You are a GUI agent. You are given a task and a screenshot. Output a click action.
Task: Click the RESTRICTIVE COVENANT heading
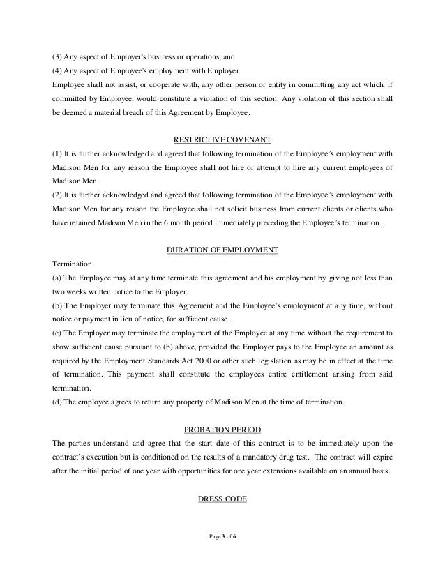coord(222,137)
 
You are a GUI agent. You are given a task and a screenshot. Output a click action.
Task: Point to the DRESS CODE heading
coord(222,498)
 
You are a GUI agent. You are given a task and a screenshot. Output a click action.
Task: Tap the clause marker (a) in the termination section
coord(58,278)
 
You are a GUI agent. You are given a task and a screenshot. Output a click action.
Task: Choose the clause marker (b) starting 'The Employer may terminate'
coord(58,305)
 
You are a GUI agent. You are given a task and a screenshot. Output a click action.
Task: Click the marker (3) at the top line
coord(58,56)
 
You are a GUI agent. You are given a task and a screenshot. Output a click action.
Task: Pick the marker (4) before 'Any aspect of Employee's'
coord(58,70)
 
